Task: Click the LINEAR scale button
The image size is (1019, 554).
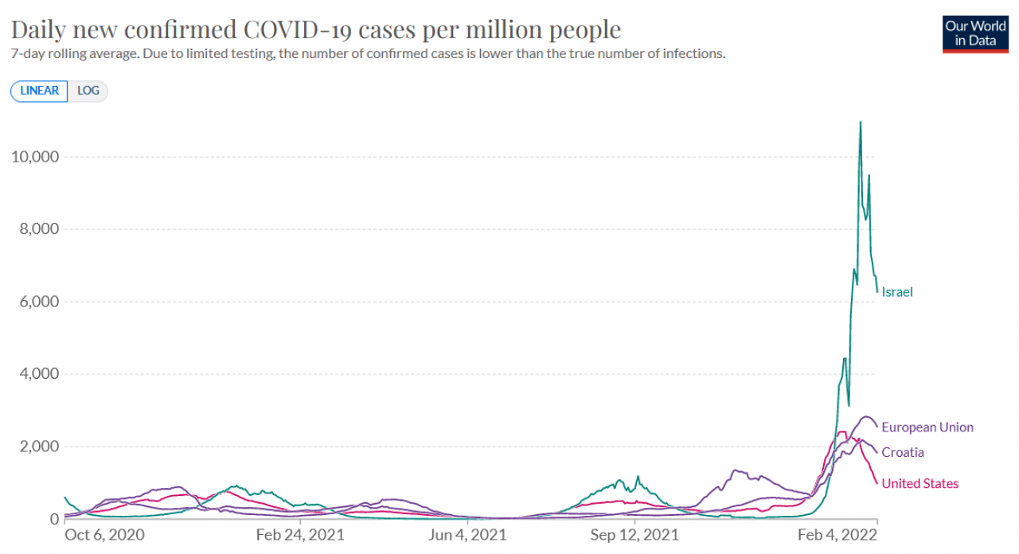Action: click(39, 91)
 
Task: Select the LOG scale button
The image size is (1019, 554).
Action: click(88, 91)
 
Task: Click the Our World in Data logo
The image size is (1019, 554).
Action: click(975, 34)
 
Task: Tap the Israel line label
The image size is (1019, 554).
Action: click(897, 292)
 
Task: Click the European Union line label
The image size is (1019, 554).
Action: click(927, 427)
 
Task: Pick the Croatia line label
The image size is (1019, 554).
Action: click(903, 453)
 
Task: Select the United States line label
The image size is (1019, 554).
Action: click(920, 483)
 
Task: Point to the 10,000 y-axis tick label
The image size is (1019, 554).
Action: click(35, 157)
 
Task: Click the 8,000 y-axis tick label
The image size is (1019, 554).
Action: click(39, 228)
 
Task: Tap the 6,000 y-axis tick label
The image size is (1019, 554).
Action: click(39, 302)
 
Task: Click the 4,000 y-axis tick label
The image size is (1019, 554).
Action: click(39, 374)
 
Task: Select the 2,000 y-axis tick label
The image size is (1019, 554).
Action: click(39, 447)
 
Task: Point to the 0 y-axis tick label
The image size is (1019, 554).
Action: click(55, 519)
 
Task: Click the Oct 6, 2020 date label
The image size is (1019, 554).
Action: click(104, 535)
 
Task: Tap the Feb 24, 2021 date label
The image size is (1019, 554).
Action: click(300, 535)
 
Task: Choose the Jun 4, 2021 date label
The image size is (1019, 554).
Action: click(467, 535)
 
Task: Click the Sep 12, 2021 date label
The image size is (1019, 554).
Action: click(634, 535)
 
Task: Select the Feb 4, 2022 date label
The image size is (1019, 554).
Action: click(837, 535)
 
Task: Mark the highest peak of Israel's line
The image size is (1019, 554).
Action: click(861, 122)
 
